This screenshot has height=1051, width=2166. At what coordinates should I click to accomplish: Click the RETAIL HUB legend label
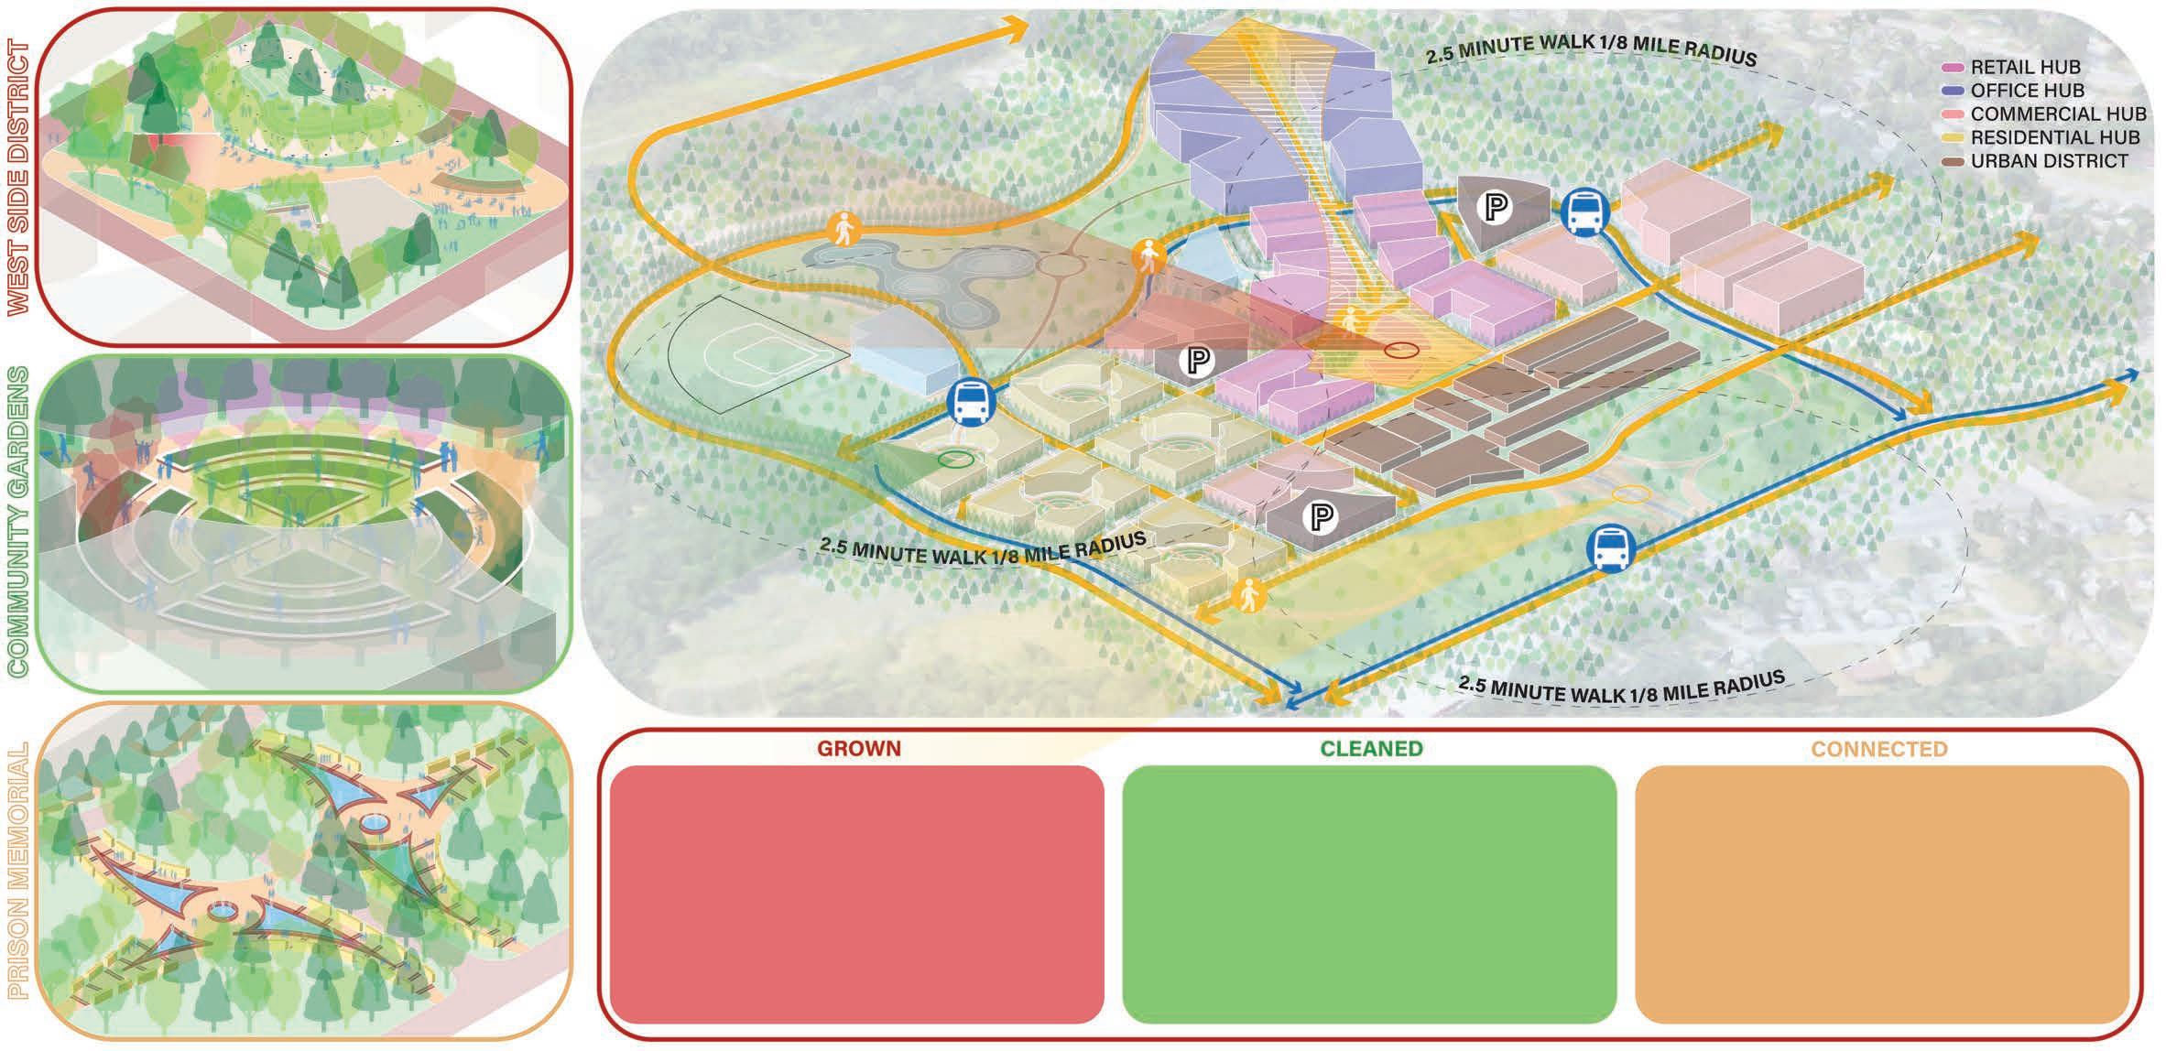2025,68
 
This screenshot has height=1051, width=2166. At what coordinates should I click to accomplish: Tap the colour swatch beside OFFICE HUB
1954,91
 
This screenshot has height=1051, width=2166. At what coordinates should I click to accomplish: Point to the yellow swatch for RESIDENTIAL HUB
1954,137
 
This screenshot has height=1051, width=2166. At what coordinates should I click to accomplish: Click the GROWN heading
859,749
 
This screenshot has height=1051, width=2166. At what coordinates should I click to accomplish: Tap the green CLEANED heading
1371,749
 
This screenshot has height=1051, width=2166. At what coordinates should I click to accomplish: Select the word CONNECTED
1879,749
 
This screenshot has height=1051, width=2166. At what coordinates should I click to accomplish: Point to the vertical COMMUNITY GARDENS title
19,523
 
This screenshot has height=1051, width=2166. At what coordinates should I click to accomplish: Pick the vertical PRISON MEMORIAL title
19,871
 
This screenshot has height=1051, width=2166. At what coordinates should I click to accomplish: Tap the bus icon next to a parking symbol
1582,212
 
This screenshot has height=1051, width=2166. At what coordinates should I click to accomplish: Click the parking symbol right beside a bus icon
1496,208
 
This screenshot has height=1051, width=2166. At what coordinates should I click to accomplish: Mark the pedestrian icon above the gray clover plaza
842,228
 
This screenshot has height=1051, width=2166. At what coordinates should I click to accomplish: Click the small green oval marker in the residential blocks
956,460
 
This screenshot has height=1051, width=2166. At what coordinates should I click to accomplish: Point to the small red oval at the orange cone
1401,350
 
